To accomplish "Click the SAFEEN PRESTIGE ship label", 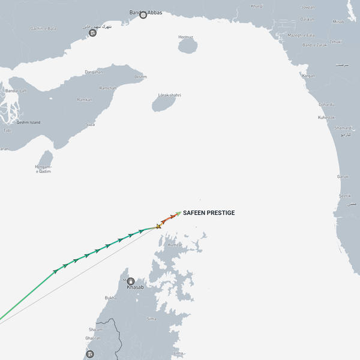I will (208, 213).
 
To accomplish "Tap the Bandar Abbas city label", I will (146, 12).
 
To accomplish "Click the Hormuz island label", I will (186, 37).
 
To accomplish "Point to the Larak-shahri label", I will (169, 95).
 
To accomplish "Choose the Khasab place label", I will (135, 287).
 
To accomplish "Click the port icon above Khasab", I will (131, 280).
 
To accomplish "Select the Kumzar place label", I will (175, 245).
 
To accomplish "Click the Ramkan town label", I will (85, 100).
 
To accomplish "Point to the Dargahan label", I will (94, 72).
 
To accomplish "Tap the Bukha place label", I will (110, 298).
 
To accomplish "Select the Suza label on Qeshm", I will (91, 124).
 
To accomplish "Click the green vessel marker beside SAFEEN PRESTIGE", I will (178, 213).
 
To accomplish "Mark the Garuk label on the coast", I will (343, 176).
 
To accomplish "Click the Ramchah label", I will (108, 88).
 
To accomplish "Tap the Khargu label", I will (257, 6).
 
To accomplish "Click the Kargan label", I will (308, 76).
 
